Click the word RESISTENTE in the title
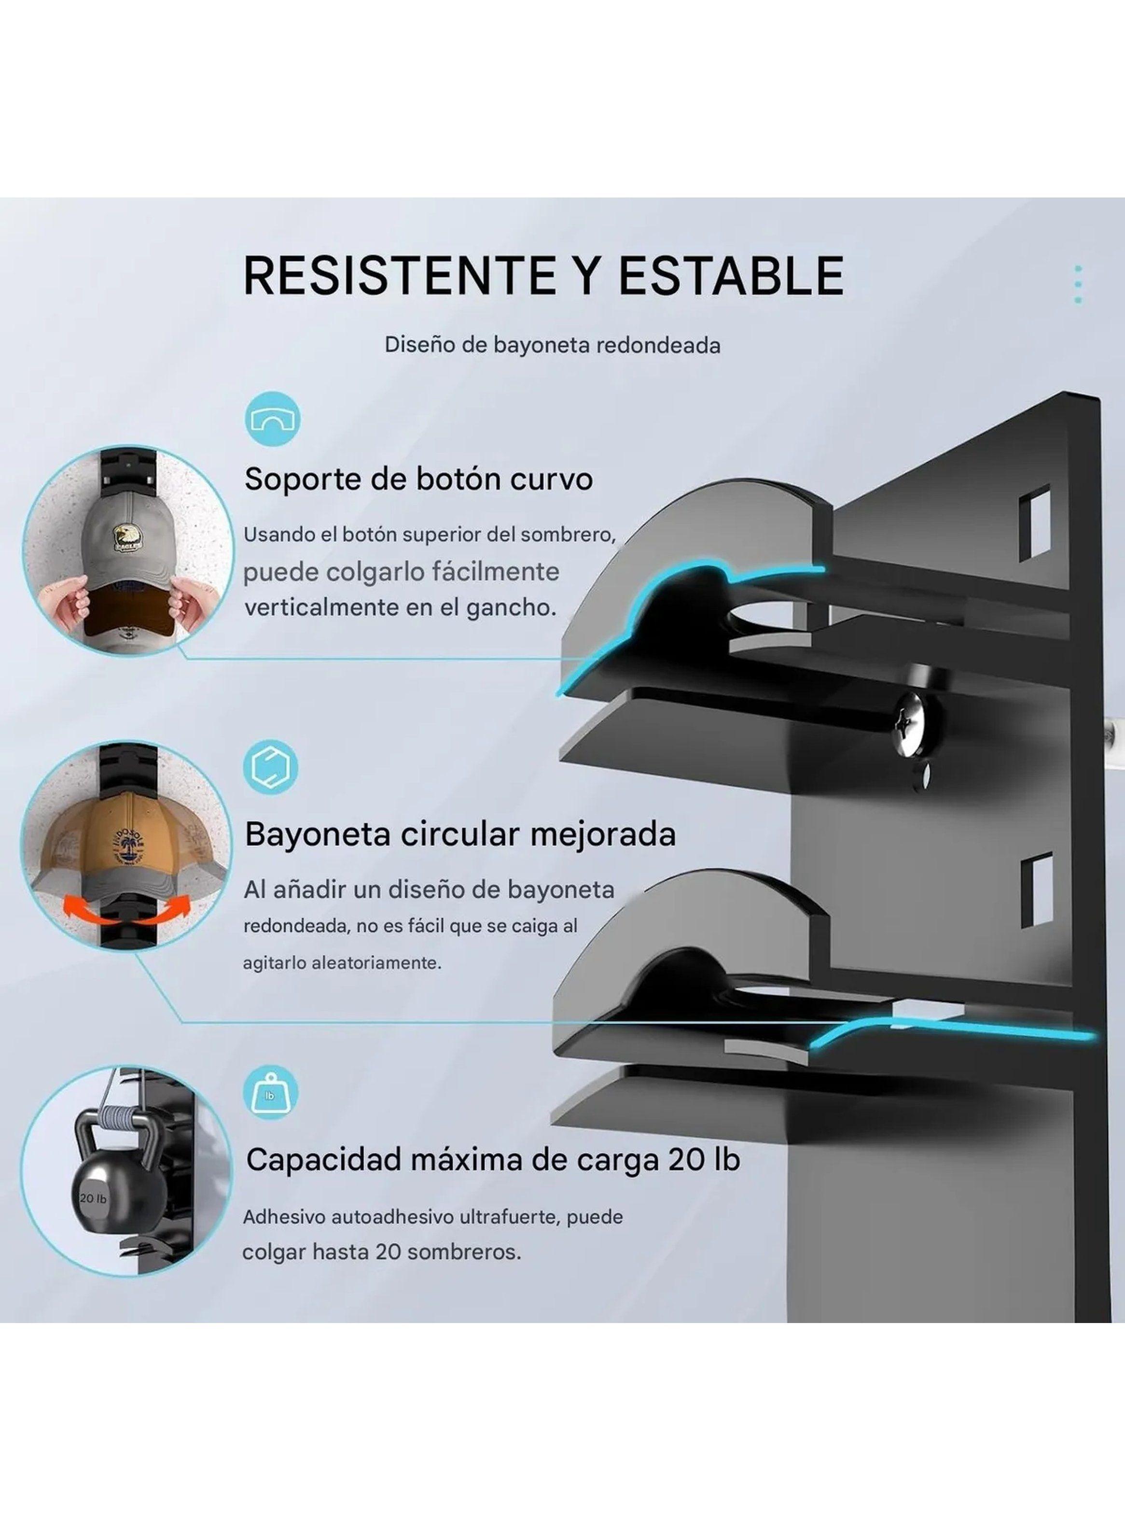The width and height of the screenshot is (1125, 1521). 398,275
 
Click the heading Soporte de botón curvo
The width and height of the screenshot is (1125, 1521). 418,479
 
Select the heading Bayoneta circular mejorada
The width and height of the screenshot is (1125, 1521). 460,834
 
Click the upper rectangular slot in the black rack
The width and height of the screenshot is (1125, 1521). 1034,522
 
